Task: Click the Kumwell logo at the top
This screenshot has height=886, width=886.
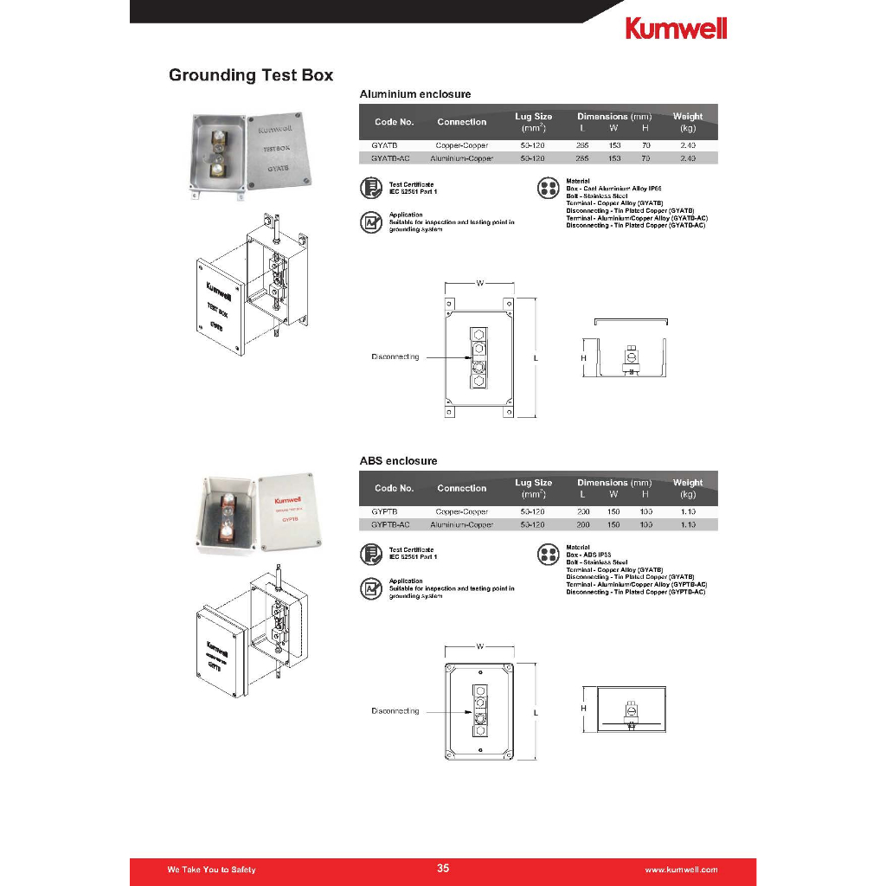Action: [x=676, y=28]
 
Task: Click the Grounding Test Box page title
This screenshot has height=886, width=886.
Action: [x=251, y=75]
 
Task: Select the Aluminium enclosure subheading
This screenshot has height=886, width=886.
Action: [x=414, y=93]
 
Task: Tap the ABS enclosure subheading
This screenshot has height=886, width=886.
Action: [x=399, y=461]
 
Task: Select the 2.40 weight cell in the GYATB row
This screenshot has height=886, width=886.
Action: [x=688, y=145]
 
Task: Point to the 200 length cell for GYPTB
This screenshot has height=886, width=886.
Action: [x=583, y=512]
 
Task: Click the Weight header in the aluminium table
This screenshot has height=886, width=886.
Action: [x=688, y=116]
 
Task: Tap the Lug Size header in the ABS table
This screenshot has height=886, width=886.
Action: [x=533, y=483]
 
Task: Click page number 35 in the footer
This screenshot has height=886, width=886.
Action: [x=443, y=869]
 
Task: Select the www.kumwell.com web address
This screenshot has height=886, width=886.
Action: [x=682, y=870]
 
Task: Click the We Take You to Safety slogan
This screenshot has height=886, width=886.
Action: [x=211, y=870]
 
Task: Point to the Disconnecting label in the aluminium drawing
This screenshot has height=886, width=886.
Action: [x=395, y=356]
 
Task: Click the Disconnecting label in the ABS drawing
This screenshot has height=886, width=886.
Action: [x=395, y=711]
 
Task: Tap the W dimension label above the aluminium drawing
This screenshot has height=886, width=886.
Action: [x=478, y=283]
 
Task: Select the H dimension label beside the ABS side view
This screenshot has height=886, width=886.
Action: [x=583, y=708]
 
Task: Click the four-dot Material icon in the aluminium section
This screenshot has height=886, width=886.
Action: [x=549, y=189]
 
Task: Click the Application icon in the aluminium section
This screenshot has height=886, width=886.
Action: [x=371, y=222]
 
